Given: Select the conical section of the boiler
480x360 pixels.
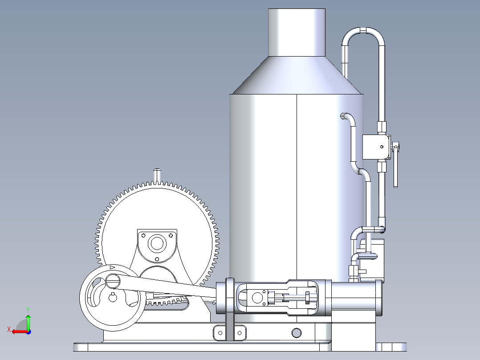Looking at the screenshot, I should [x=297, y=76].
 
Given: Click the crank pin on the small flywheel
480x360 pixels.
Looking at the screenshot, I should [x=113, y=281].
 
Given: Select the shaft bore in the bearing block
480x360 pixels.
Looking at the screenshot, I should [x=157, y=243].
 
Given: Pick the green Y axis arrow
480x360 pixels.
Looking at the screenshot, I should [x=28, y=319].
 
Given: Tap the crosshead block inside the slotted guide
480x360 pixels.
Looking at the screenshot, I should [x=257, y=298].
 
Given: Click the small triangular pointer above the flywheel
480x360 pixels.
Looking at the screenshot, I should [x=112, y=267].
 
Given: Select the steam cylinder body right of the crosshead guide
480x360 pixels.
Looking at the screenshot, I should [x=356, y=298].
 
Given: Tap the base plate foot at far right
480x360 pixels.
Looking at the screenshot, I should [x=391, y=347].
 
